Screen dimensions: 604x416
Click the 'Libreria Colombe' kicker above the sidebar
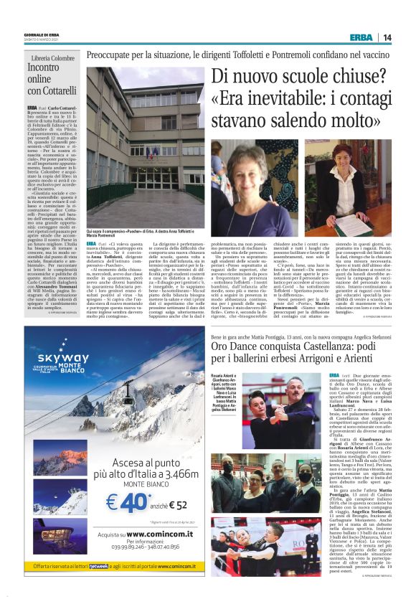(x=53, y=59)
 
